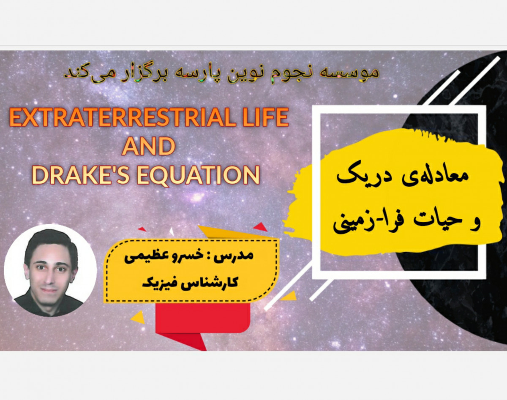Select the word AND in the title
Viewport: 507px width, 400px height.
148,147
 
